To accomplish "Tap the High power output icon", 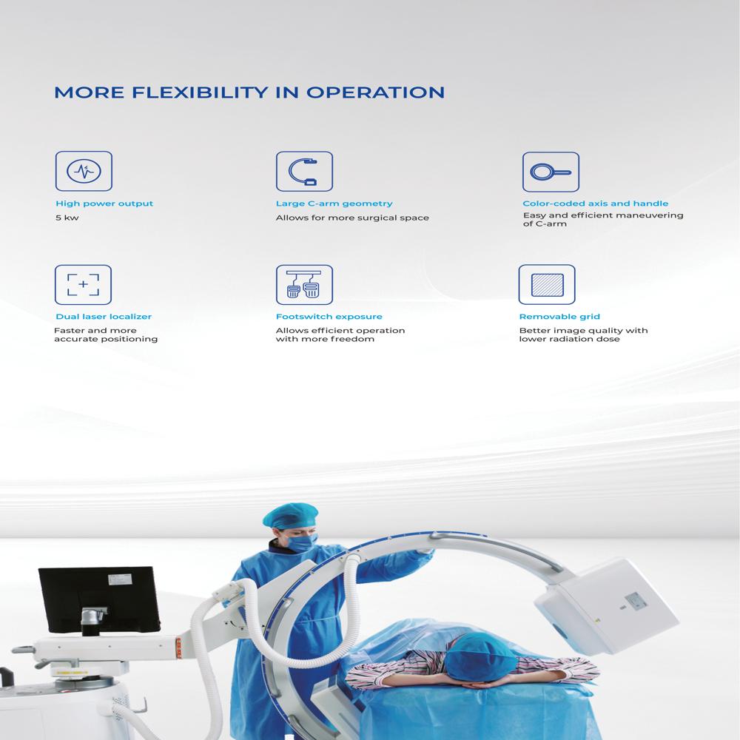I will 84,172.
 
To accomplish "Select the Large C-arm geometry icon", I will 304,172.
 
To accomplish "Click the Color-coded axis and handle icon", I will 551,172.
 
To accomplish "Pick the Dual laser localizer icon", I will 83,285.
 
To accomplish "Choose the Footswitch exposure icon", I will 304,285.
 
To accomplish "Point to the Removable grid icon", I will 547,285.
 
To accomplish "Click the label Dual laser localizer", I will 104,317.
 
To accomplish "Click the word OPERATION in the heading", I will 375,92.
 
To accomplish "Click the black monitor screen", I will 98,602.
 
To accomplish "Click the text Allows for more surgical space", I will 352,218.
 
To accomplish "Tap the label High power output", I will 104,203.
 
